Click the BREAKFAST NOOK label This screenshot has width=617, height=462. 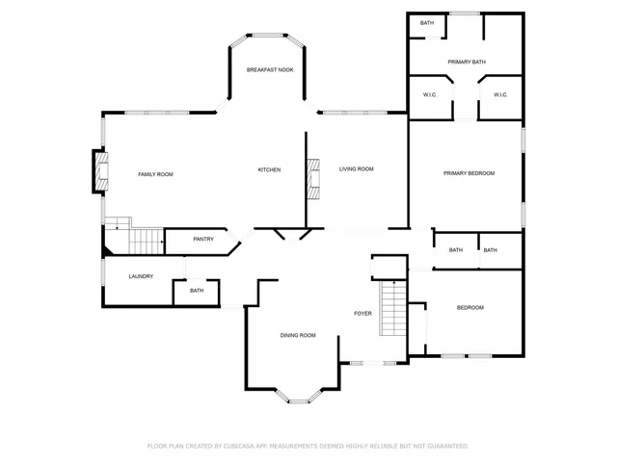coord(270,70)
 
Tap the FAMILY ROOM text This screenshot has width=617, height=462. coord(155,174)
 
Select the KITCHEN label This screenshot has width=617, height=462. coord(269,170)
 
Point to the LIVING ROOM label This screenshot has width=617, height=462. coord(356,169)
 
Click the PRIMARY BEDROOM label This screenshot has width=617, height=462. coord(469,173)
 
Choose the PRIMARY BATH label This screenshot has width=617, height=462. coord(467,63)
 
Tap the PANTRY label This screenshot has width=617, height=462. coord(203,239)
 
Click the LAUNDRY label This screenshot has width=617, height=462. coord(142,277)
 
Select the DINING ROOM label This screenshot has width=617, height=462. coord(298,335)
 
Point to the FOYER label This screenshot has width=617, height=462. coord(362,314)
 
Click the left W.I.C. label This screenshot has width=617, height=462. coord(431,94)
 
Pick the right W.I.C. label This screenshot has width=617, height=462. coord(501,94)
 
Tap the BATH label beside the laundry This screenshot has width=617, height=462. coord(197,291)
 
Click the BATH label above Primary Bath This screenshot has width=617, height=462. coord(426,23)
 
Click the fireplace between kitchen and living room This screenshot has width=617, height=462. coord(312,177)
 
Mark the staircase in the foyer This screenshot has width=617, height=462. coord(392,308)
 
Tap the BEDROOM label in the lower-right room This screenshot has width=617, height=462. coord(469,307)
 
